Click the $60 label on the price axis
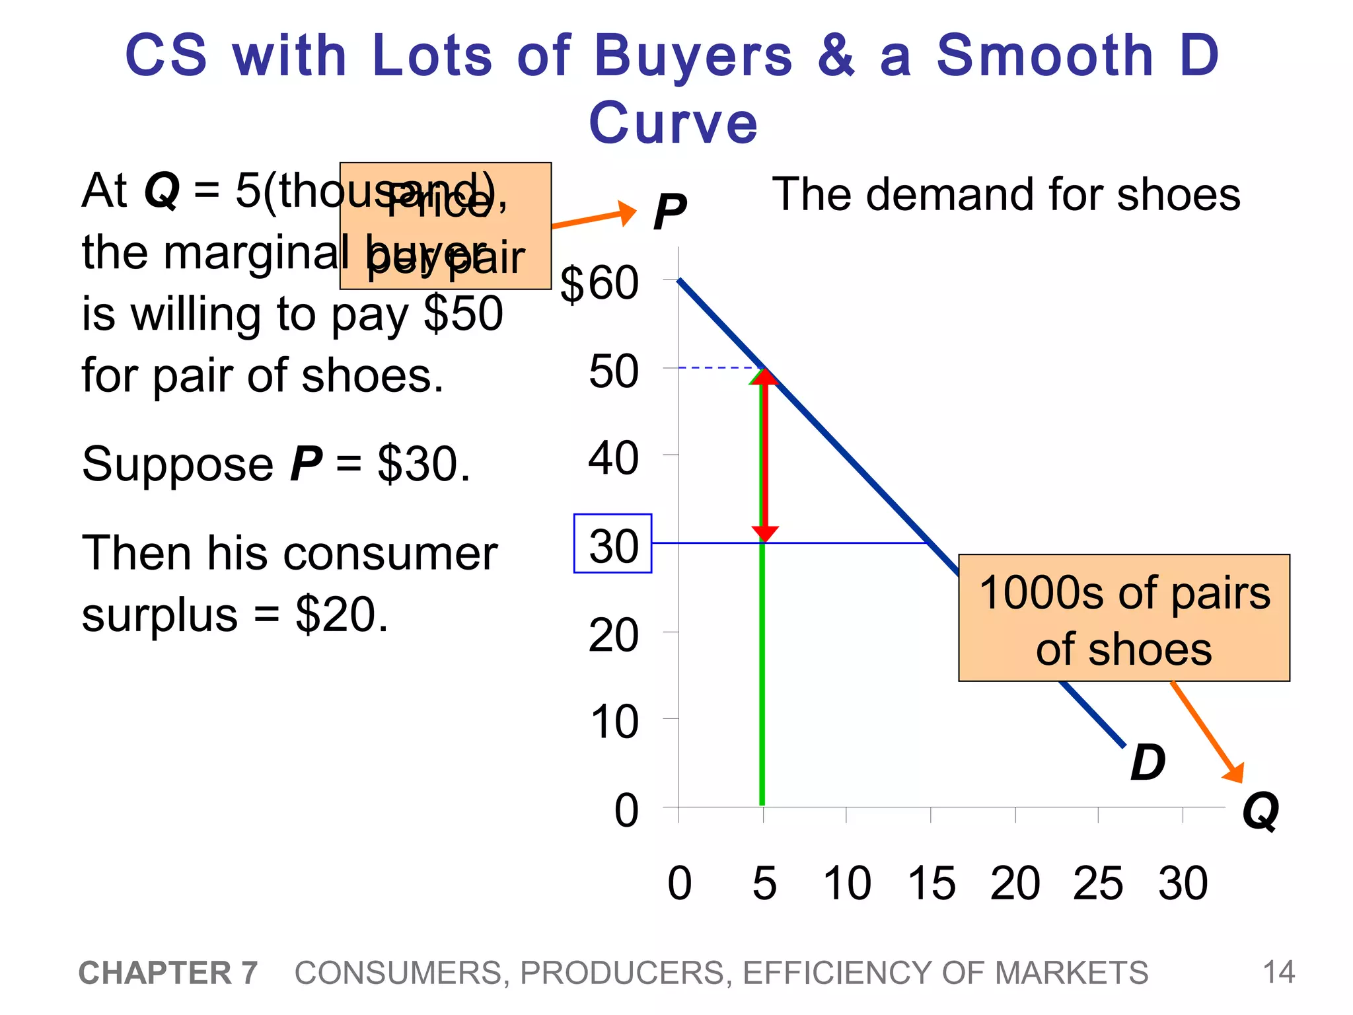(599, 285)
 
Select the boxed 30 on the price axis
(612, 544)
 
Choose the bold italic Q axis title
(1260, 811)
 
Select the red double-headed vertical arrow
(765, 455)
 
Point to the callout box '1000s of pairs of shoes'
(1124, 618)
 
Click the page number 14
(1278, 973)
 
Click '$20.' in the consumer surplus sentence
(341, 615)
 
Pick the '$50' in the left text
(463, 314)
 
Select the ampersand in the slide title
(836, 56)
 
